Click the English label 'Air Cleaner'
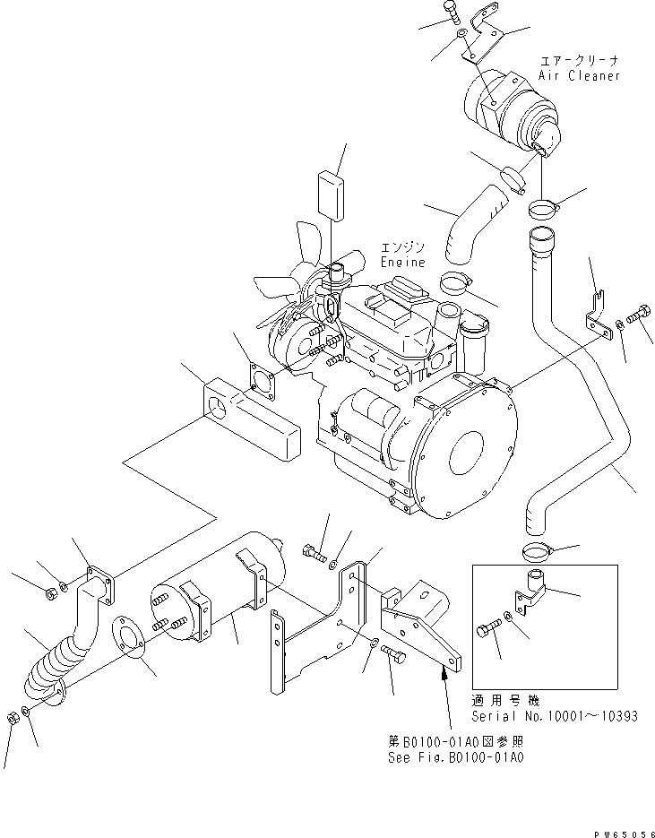click(580, 76)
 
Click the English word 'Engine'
click(402, 263)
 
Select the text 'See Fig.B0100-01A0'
click(455, 757)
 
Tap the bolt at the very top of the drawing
click(450, 13)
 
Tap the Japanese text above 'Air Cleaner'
click(579, 61)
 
